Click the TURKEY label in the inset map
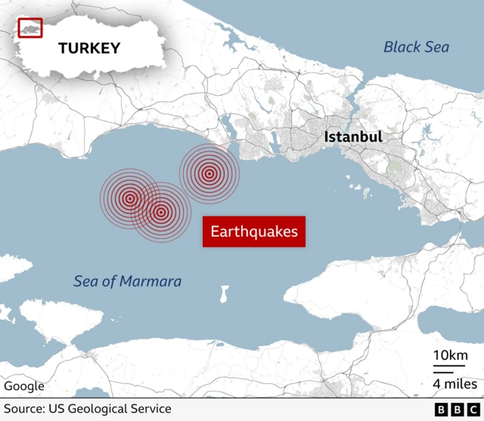tap(89, 48)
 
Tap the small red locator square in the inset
tap(30, 27)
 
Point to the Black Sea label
tap(416, 47)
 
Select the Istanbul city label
tap(352, 138)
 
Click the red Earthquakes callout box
tap(253, 231)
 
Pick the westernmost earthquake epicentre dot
tap(129, 199)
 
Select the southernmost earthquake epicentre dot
tap(160, 212)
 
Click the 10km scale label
tap(449, 356)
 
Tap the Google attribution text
tap(24, 386)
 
